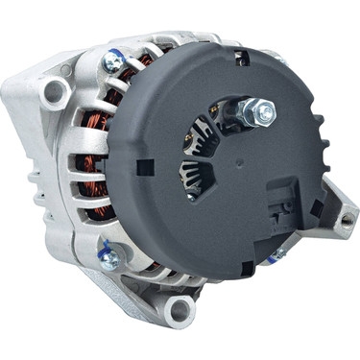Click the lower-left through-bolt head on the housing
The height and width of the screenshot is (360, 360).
coord(108,257)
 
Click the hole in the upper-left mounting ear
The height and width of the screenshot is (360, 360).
coord(55,92)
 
